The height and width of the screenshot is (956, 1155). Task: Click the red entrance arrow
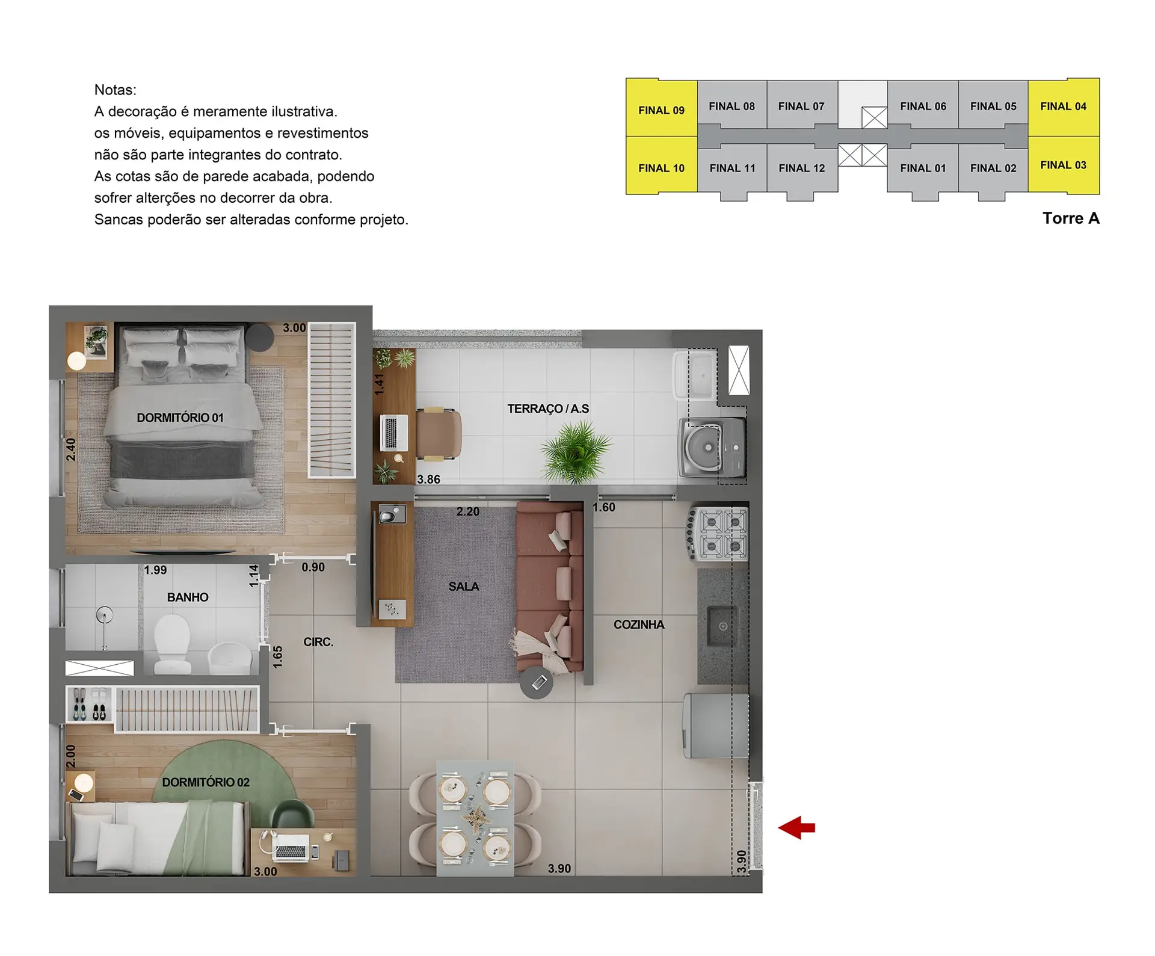coord(796,828)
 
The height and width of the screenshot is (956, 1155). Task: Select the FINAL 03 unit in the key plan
coord(1064,165)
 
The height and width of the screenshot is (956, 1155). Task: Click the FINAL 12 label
coord(802,168)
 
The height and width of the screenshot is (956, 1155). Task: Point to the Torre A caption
coord(1071,218)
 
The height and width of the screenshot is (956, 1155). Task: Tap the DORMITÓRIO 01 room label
coord(180,418)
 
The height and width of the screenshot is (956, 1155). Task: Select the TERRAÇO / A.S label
coord(548,409)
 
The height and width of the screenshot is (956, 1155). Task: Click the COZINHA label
coord(639,624)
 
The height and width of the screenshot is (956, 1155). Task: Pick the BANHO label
coord(188,597)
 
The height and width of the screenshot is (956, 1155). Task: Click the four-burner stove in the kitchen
coord(718,534)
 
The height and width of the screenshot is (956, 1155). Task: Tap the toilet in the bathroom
coord(173,643)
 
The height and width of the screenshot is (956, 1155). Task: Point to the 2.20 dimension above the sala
coord(467,512)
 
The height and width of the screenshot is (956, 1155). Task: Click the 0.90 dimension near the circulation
coord(313,567)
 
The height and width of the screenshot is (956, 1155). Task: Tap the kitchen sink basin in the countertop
coord(722,626)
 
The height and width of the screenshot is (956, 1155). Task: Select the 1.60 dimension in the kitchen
coord(603,507)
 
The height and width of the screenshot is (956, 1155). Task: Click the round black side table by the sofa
coord(537,682)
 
